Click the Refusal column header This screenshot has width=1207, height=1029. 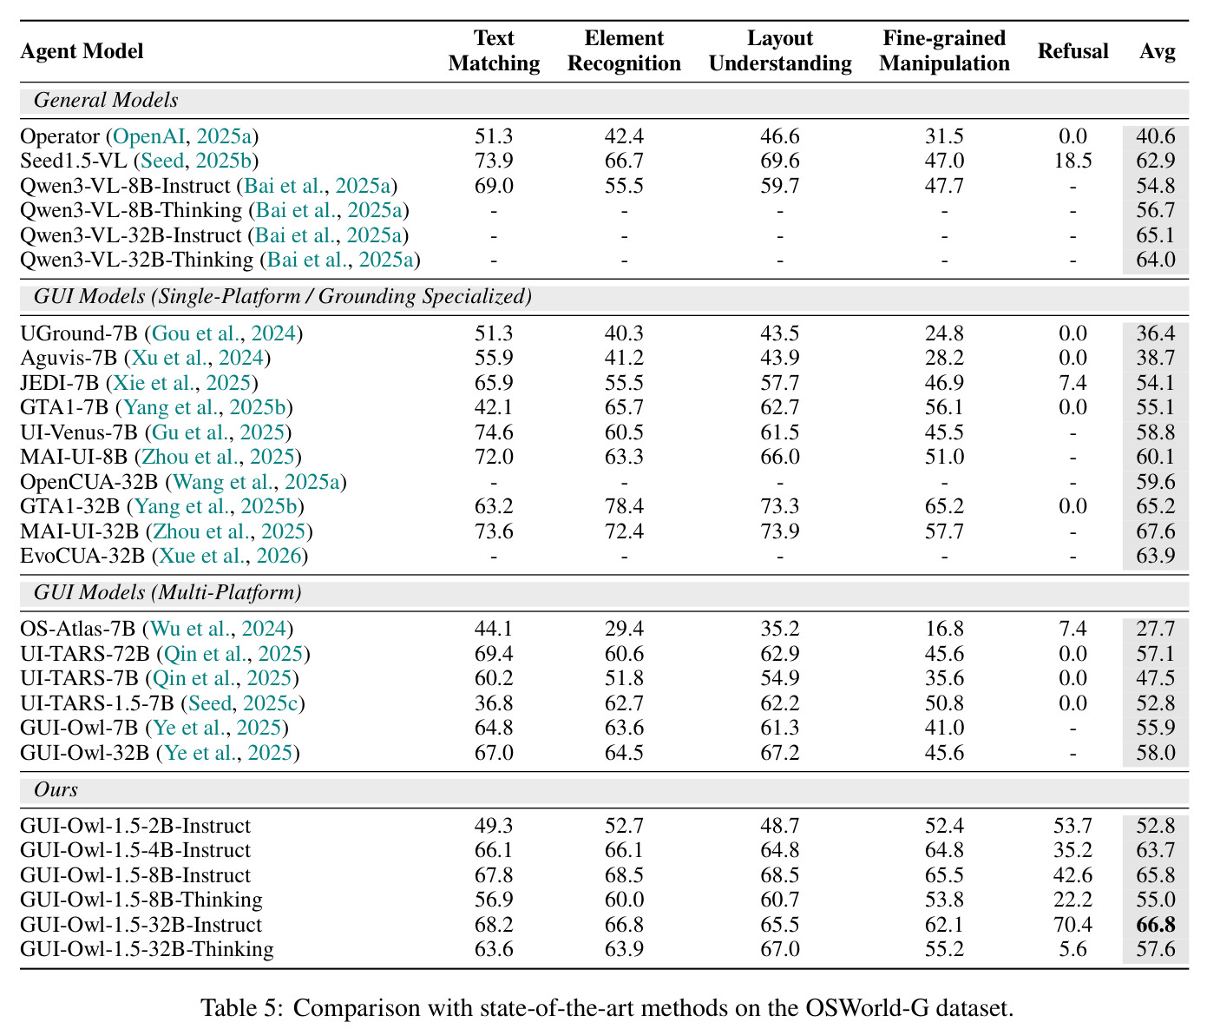tap(1073, 51)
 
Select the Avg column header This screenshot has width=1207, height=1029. tap(1156, 51)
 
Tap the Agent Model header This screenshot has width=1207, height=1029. tap(82, 51)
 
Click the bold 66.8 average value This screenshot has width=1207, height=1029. tap(1155, 925)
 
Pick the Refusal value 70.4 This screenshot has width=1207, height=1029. tap(1073, 925)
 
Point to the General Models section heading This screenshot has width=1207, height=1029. tap(106, 100)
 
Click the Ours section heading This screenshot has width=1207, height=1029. tap(56, 789)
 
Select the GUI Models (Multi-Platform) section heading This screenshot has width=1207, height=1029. tap(167, 592)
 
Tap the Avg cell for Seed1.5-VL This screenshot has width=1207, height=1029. tap(1155, 161)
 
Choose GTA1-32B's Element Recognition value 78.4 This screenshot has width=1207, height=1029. tap(624, 506)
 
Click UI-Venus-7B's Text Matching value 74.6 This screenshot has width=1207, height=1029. tap(494, 432)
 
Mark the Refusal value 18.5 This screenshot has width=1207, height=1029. tap(1073, 161)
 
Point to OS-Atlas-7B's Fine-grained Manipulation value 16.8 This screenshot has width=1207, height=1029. tap(944, 629)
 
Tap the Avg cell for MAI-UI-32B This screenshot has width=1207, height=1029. tap(1155, 531)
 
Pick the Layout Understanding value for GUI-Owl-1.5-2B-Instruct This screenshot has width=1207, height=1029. tap(779, 826)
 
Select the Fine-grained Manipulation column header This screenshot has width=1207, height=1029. tap(944, 51)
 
